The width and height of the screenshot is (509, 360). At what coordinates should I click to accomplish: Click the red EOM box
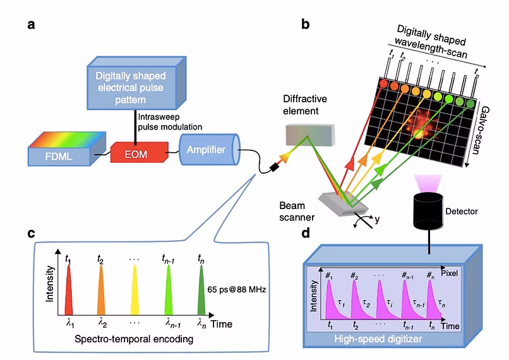coord(140,152)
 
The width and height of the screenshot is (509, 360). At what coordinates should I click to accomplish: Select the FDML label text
coord(59,157)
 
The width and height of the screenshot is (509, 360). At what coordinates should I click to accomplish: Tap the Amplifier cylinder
coord(210,149)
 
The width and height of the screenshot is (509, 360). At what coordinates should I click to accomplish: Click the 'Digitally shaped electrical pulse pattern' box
coord(136,83)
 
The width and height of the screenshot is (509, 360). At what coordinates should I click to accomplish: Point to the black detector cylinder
coord(428,211)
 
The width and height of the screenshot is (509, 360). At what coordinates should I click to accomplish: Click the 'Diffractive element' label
coord(305,105)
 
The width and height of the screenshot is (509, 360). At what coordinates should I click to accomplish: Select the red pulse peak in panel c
coord(68,289)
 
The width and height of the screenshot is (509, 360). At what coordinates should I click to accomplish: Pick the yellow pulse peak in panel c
coord(135,289)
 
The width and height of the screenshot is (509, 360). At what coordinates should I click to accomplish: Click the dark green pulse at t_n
coord(201,289)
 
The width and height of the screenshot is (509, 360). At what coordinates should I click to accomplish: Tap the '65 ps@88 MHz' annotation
coord(237,289)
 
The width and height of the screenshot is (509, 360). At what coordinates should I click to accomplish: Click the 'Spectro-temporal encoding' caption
coord(134,339)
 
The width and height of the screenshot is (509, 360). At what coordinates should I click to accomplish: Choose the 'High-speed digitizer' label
coord(378,339)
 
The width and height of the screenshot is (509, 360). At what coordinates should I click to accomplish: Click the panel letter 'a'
coord(31,25)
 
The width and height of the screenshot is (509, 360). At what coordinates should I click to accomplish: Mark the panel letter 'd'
coord(306,232)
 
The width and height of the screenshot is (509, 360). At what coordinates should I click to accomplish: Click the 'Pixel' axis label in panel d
coord(449,273)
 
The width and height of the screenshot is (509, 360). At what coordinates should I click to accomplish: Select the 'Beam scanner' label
coord(297,212)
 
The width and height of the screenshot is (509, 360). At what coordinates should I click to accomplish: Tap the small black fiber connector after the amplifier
coord(275,167)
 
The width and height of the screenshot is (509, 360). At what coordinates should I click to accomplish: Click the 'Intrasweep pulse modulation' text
coord(170,122)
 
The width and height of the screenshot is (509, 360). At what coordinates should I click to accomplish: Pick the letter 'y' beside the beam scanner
coord(377,220)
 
